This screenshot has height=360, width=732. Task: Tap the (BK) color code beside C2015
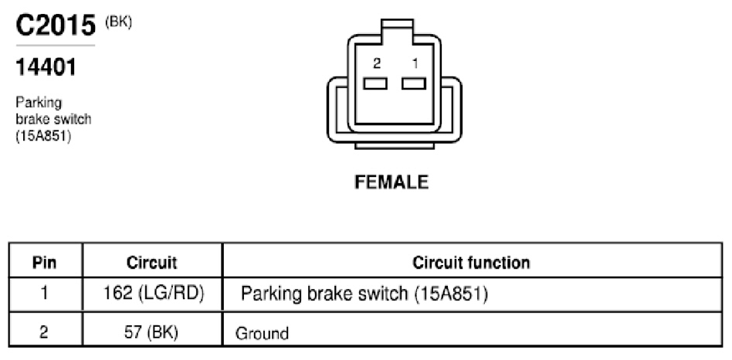pos(119,22)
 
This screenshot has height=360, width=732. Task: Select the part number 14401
pos(46,67)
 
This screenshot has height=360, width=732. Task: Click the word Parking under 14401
pos(39,103)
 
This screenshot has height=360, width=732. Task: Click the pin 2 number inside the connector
pos(376,63)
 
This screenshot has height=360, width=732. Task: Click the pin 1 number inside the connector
pos(415,63)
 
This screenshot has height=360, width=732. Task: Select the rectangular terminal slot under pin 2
pos(375,83)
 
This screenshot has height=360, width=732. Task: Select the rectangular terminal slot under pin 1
pos(414,83)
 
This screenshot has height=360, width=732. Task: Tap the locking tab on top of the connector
pos(397,27)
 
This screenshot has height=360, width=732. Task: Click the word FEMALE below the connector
pos(391,182)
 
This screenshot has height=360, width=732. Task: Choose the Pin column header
pos(44,263)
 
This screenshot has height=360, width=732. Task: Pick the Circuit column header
pos(151,263)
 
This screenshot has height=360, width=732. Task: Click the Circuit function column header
pos(471,263)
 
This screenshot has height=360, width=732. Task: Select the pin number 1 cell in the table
pos(44,294)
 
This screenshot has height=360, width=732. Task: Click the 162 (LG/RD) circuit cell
pos(154,294)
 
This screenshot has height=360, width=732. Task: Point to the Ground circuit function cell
pos(262,334)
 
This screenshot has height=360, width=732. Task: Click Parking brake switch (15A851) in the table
pos(364,294)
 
